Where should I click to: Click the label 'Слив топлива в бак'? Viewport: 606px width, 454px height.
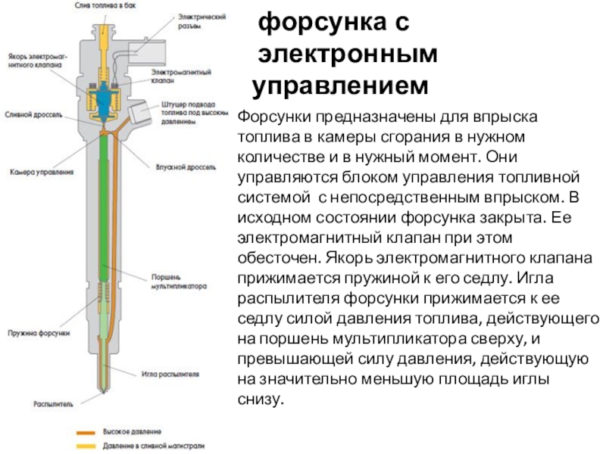tap(105, 4)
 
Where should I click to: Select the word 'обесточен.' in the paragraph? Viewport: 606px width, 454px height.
tap(272, 257)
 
